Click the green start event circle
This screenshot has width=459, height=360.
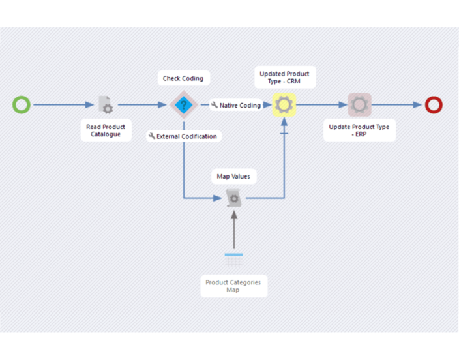pos(22,104)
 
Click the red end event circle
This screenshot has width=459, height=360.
pos(434,104)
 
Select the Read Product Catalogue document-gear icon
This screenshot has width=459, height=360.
pos(106,104)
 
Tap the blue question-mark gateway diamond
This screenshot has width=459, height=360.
pos(183,104)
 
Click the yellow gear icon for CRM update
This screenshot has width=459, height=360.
pos(284,104)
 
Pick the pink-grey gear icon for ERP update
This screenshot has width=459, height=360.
pos(359,104)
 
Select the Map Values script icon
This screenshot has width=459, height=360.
pos(233,198)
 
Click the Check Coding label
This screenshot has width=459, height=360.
pos(183,78)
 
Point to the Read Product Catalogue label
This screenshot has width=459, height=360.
pos(106,130)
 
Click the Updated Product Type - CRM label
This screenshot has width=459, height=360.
pos(284,78)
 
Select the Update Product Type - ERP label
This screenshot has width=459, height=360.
pos(359,130)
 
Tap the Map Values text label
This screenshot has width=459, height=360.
pos(233,176)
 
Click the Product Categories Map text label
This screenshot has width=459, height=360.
pos(233,286)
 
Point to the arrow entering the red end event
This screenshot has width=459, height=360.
pos(398,104)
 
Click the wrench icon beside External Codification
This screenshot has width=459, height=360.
pos(152,136)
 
